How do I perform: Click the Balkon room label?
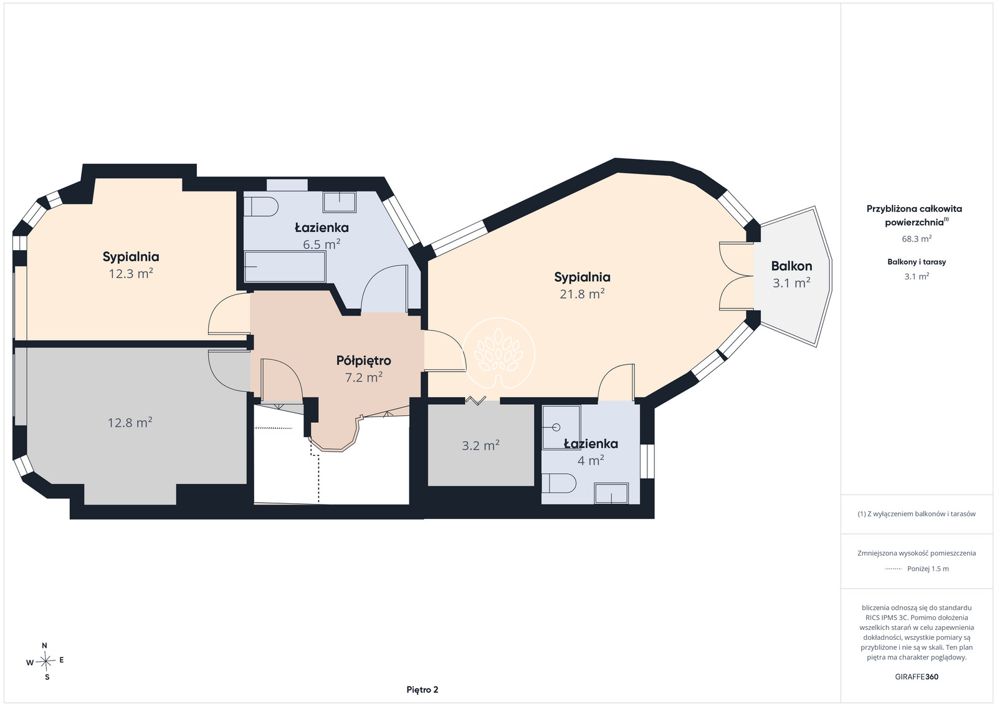pyautogui.click(x=791, y=266)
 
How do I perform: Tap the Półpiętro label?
pyautogui.click(x=364, y=360)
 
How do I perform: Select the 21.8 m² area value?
pyautogui.click(x=582, y=294)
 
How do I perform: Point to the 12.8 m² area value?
pyautogui.click(x=130, y=422)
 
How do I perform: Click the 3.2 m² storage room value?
pyautogui.click(x=480, y=445)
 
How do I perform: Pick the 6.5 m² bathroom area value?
pyautogui.click(x=322, y=244)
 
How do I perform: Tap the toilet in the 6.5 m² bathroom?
pyautogui.click(x=261, y=206)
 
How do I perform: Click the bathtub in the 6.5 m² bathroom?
pyautogui.click(x=285, y=267)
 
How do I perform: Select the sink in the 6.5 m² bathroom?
pyautogui.click(x=339, y=202)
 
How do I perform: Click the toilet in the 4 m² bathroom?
pyautogui.click(x=559, y=483)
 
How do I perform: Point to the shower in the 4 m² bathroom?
pyautogui.click(x=561, y=427)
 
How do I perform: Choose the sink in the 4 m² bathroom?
pyautogui.click(x=611, y=493)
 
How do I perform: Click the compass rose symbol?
pyautogui.click(x=45, y=662)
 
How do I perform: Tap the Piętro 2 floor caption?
pyautogui.click(x=422, y=690)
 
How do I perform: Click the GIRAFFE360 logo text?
pyautogui.click(x=917, y=677)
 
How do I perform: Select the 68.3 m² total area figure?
pyautogui.click(x=917, y=239)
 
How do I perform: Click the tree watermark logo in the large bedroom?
pyautogui.click(x=499, y=354)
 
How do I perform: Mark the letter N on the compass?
pyautogui.click(x=44, y=646)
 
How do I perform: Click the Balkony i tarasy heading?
pyautogui.click(x=917, y=262)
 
